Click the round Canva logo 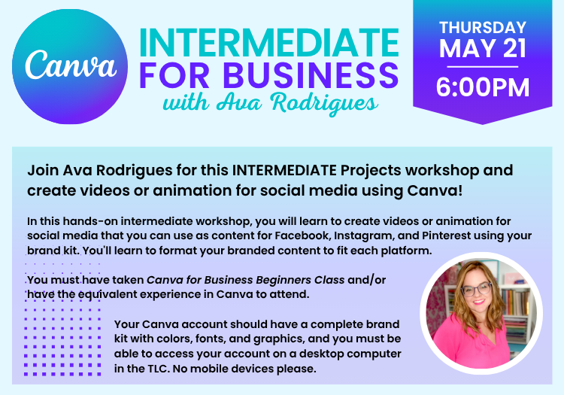pos(70,66)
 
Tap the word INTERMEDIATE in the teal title pos(269,43)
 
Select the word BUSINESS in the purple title pos(311,75)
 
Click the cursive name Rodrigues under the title pos(324,103)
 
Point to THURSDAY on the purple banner pos(483,28)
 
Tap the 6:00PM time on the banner pos(483,87)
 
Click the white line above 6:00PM pos(483,67)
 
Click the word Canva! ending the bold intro pos(435,190)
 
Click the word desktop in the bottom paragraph pos(321,354)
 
